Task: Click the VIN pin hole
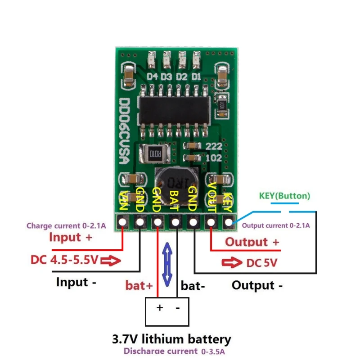pyautogui.click(x=122, y=221)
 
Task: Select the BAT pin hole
pyautogui.click(x=175, y=221)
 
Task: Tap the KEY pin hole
pyautogui.click(x=229, y=221)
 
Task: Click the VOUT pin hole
pyautogui.click(x=211, y=221)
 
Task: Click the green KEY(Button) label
pyautogui.click(x=284, y=196)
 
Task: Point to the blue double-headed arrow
pyautogui.click(x=166, y=265)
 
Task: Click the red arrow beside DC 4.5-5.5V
pyautogui.click(x=112, y=260)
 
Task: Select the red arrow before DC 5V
pyautogui.click(x=232, y=263)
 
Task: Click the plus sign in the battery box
pyautogui.click(x=159, y=308)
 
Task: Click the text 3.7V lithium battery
pyautogui.click(x=171, y=339)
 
